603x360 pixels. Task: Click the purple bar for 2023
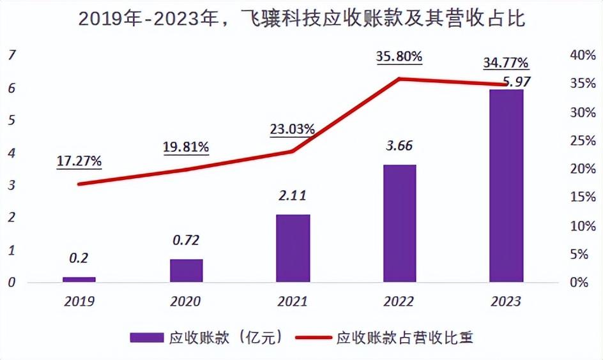coord(506,185)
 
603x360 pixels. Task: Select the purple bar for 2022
coord(400,223)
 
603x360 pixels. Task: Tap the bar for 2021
coord(293,248)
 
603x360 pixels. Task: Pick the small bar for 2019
coord(79,279)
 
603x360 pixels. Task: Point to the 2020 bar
coord(186,270)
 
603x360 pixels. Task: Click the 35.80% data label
coord(399,56)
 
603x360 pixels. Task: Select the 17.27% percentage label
coord(79,161)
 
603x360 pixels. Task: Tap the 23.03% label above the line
coord(293,129)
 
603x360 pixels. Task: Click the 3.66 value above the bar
coord(400,146)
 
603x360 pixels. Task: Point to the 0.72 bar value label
coord(186,240)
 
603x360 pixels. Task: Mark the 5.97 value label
coord(517,82)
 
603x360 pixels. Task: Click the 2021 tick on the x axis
coord(293,301)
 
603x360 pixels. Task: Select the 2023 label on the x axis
coord(506,301)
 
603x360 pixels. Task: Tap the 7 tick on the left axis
coord(11,56)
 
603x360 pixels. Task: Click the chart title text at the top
coord(301,19)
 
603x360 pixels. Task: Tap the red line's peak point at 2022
coord(399,79)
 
